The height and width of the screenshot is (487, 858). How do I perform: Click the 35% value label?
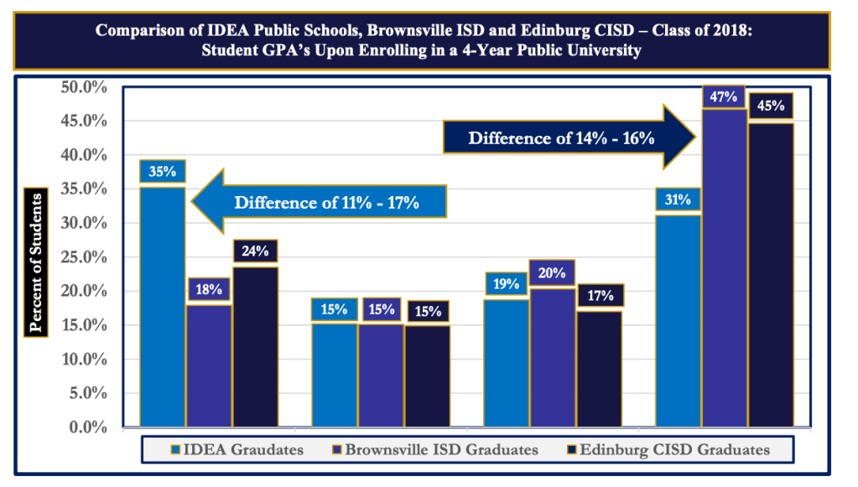[163, 172]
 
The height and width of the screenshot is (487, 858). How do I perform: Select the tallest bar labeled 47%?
[724, 268]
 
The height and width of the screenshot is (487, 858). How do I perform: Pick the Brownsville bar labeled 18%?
[209, 365]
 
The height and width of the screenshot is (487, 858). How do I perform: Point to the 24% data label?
[256, 251]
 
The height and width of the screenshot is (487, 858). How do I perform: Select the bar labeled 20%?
[551, 357]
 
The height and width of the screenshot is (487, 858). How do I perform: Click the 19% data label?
[506, 284]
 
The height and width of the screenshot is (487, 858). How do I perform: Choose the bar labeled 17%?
[599, 369]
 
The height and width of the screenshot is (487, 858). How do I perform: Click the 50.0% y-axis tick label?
[83, 86]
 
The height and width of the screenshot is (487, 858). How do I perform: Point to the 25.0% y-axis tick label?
[83, 256]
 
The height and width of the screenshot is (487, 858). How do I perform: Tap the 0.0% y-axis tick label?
[86, 427]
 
